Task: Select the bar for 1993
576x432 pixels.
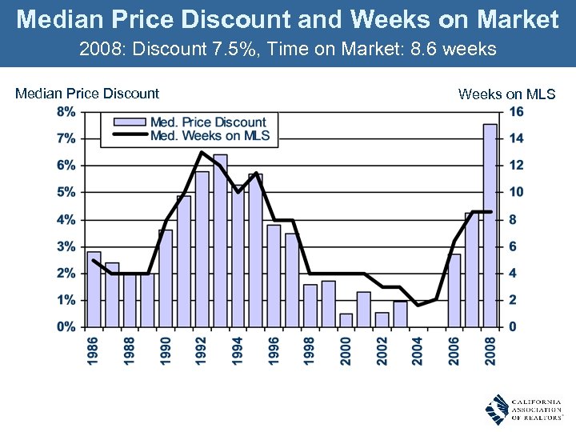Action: tap(220, 240)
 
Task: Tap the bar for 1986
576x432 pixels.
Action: tap(94, 289)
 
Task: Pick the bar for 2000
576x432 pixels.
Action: tap(346, 320)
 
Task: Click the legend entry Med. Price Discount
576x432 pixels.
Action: tap(195, 122)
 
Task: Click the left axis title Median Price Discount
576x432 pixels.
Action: tap(87, 94)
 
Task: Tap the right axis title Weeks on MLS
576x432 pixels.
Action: tap(506, 94)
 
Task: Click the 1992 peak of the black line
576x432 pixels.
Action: tap(202, 152)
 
